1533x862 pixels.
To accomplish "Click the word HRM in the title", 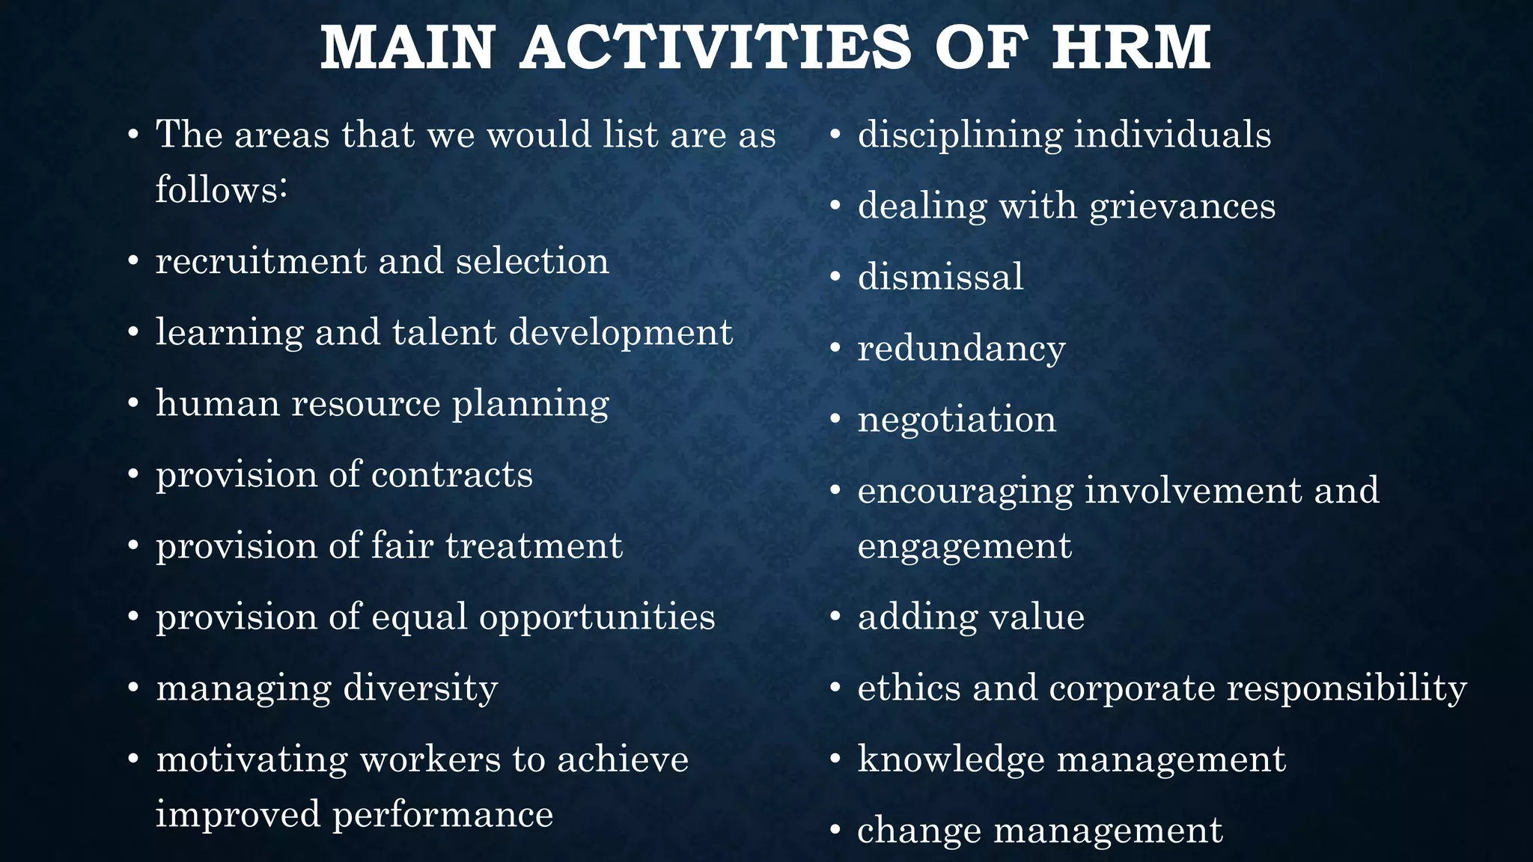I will (1130, 48).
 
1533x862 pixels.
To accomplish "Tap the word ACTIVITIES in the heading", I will (716, 48).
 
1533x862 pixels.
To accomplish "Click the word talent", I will (444, 332).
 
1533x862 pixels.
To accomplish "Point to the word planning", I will (531, 404).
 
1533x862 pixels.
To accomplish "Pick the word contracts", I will (451, 475).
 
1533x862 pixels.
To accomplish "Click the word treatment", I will (534, 545).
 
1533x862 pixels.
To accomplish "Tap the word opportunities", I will (597, 617).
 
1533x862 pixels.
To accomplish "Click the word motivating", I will (252, 759).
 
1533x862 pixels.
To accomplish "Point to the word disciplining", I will (960, 135).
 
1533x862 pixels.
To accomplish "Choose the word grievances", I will (1182, 207).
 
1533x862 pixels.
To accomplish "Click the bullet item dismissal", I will (940, 277).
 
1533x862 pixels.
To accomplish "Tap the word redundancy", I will (961, 349).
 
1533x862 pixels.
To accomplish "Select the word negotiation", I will (957, 419).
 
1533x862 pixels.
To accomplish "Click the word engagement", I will (964, 546).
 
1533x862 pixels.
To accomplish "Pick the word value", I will (1037, 617).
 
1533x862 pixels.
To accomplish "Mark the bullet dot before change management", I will (836, 831).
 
